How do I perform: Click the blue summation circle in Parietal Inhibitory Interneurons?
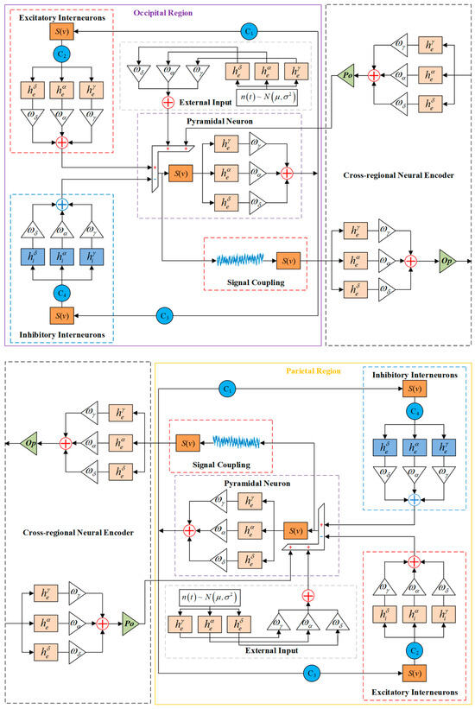pyautogui.click(x=414, y=499)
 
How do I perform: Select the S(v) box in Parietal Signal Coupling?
pyautogui.click(x=186, y=442)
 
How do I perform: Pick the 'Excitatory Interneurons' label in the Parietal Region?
pyautogui.click(x=412, y=692)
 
